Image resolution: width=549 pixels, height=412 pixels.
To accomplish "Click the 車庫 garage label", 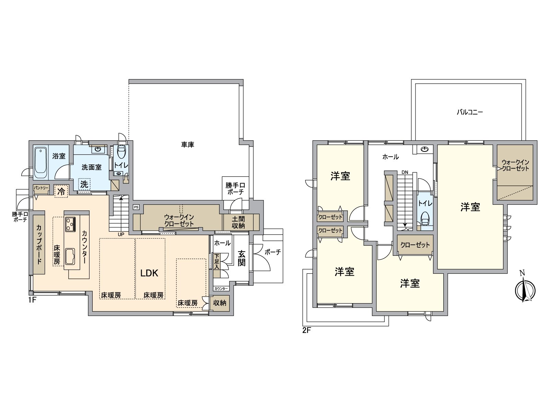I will (x=188, y=145).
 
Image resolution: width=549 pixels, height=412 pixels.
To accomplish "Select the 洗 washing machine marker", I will (x=84, y=184).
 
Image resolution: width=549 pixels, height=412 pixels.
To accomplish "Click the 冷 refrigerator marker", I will (x=61, y=191).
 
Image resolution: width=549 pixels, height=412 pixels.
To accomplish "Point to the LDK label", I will (x=150, y=273).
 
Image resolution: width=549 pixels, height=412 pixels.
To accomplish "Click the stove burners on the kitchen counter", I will (x=70, y=224).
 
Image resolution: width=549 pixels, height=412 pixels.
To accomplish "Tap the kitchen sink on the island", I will (x=70, y=256).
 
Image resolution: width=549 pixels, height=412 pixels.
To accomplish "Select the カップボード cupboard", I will (x=39, y=244).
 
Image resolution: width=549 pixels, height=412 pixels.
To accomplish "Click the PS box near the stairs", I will (x=136, y=207).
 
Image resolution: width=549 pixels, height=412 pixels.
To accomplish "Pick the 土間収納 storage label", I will (x=238, y=222).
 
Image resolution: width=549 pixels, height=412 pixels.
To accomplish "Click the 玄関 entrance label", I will (x=242, y=259).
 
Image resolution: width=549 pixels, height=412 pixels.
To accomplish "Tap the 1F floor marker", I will (x=32, y=300).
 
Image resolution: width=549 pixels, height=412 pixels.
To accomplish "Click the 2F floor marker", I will (x=306, y=331).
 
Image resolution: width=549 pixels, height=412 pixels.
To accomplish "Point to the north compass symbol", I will (x=525, y=290).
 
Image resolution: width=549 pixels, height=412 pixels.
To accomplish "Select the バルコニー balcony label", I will (x=470, y=112).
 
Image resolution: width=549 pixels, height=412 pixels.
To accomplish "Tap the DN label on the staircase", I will (x=405, y=172).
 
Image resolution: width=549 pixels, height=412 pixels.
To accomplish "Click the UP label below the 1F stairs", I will (x=121, y=234).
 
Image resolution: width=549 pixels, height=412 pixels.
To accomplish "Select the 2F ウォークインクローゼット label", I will (x=515, y=165).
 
